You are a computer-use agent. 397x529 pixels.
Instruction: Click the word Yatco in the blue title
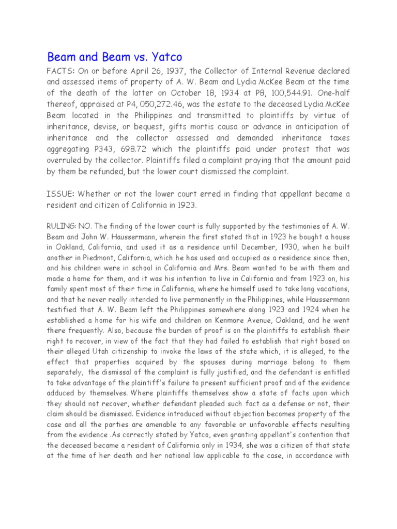pyautogui.click(x=164, y=56)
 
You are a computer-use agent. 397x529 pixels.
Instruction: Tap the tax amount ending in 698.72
pyautogui.click(x=127, y=150)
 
